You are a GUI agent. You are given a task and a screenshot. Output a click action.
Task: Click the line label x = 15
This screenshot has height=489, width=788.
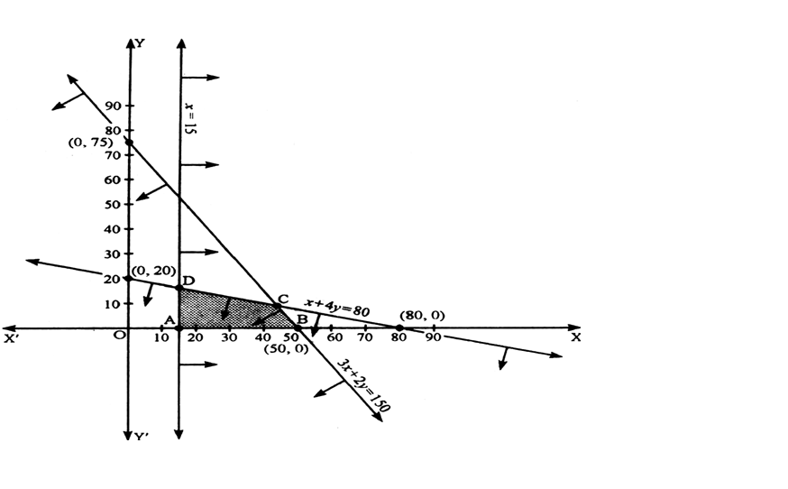pos(190,118)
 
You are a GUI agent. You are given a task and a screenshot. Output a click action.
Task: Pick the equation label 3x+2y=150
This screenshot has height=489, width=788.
pos(363,385)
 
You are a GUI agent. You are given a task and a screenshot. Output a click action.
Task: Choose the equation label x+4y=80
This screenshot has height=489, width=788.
pos(336,307)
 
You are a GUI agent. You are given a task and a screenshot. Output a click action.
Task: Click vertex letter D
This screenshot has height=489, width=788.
pos(189,281)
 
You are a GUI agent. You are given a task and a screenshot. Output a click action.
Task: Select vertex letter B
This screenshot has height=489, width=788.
pos(302,319)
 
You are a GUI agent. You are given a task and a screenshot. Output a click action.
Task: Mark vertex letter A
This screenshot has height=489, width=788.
pos(170,319)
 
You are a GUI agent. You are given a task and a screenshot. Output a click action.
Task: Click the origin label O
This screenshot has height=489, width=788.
pos(119,335)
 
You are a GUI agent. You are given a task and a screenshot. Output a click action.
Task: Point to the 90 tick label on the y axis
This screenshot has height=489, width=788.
pos(113,106)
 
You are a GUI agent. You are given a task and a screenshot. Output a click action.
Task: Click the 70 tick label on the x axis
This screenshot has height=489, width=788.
pos(365,337)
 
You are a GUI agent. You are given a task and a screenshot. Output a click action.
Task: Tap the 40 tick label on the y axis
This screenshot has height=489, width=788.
pos(113,229)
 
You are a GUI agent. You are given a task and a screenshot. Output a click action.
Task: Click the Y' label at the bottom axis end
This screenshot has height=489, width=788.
pos(142,436)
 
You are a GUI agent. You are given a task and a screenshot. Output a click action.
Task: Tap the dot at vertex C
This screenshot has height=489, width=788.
pos(277,306)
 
